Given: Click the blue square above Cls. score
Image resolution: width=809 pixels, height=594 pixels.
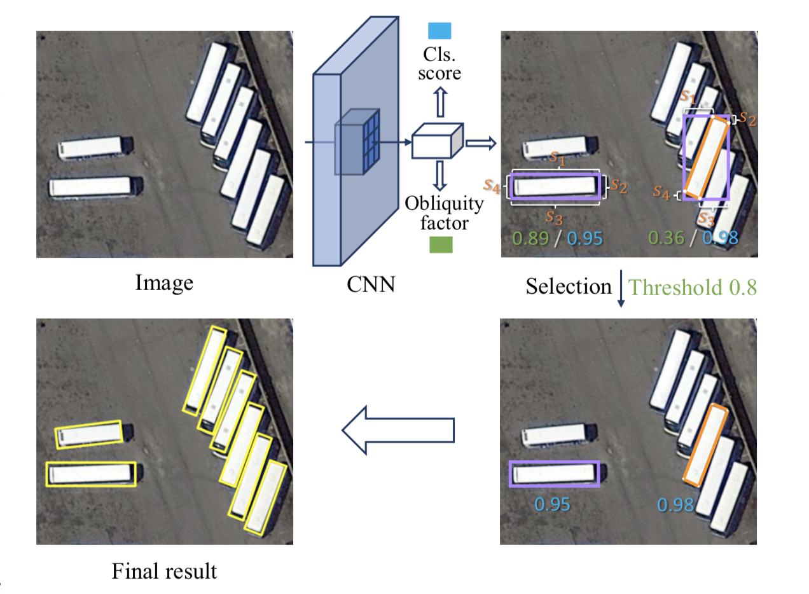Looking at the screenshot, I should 439,31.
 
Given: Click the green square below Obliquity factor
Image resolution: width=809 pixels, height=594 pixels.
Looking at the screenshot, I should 440,245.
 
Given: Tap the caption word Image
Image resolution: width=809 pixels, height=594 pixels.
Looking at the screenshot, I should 164,282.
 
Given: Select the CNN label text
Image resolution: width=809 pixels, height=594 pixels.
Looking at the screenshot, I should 371,284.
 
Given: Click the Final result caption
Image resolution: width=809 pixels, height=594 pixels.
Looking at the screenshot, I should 164,570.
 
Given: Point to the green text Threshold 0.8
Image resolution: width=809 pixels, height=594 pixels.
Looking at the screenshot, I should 693,287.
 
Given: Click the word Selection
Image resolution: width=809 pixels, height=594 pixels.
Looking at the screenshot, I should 568,287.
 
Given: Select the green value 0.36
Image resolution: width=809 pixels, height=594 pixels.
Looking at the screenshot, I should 666,238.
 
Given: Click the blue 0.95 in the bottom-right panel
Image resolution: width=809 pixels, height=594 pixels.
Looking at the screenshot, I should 552,505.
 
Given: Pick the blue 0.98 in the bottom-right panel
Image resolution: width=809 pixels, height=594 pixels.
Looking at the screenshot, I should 675,505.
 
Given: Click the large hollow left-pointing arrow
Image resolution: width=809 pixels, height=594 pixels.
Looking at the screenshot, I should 398,431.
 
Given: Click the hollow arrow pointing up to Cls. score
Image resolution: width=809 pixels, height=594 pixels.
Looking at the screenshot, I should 440,102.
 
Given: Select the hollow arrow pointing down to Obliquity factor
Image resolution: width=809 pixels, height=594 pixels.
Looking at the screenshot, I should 440,176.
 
